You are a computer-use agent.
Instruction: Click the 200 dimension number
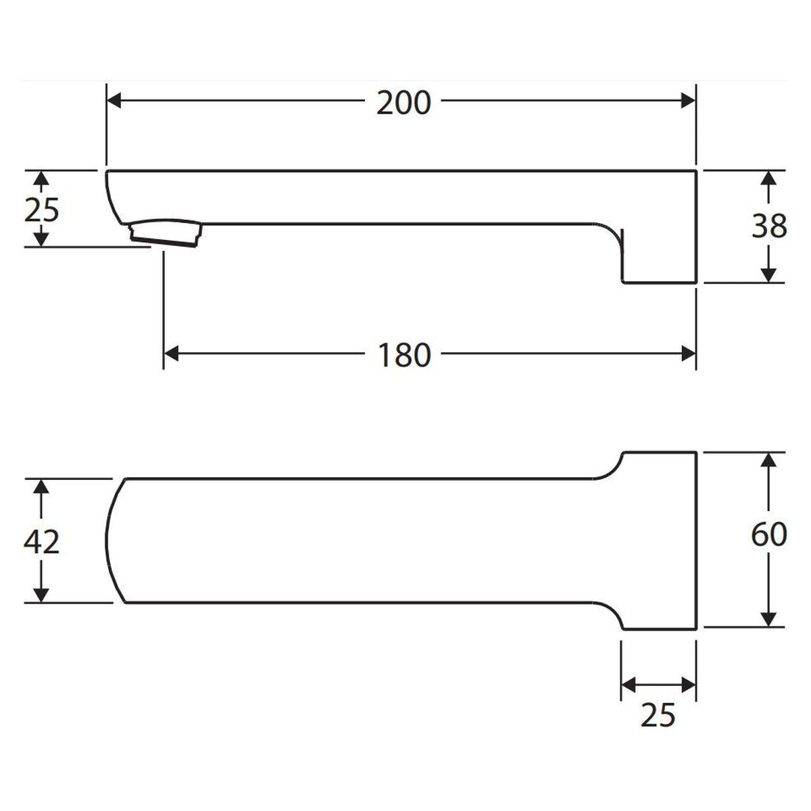[x=403, y=103]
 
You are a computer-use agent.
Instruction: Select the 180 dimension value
[x=404, y=355]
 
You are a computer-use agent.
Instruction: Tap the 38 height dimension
[x=769, y=227]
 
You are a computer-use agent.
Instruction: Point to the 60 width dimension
[x=769, y=535]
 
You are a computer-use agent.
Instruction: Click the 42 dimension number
[x=41, y=541]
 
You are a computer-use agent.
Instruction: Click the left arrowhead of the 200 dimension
[x=114, y=101]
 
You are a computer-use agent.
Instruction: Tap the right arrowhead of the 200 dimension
[x=688, y=101]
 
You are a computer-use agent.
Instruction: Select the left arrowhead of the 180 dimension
[x=171, y=354]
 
